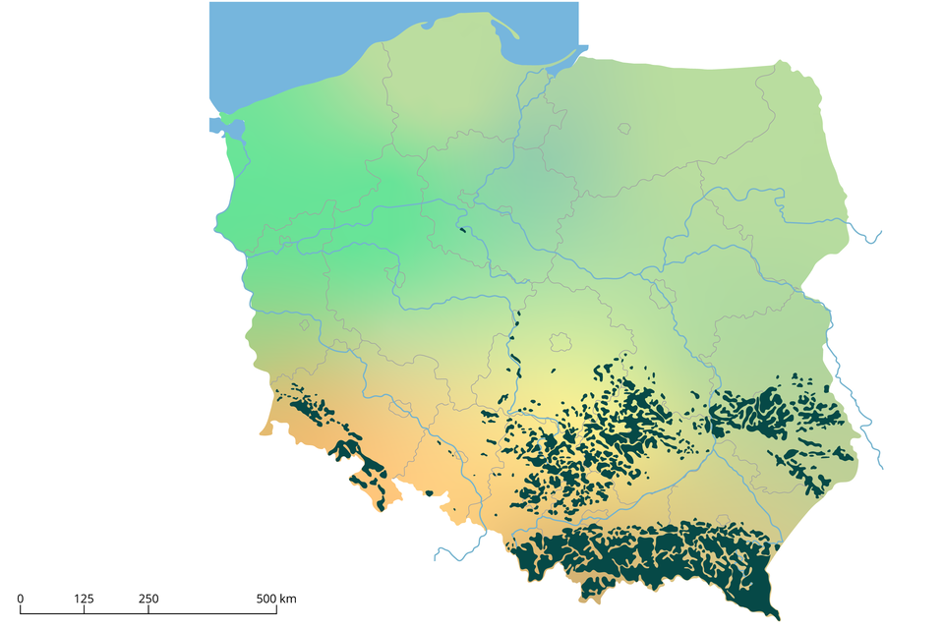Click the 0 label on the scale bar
[x=21, y=599]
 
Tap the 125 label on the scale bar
[x=84, y=599]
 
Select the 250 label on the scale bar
[x=147, y=599]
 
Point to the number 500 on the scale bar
[x=265, y=599]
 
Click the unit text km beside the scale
[x=289, y=599]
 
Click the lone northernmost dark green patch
[x=462, y=231]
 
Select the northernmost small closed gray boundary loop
[x=623, y=128]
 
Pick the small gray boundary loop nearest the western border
[x=305, y=324]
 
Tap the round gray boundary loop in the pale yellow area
[x=561, y=343]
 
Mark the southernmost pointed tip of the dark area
[x=777, y=618]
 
